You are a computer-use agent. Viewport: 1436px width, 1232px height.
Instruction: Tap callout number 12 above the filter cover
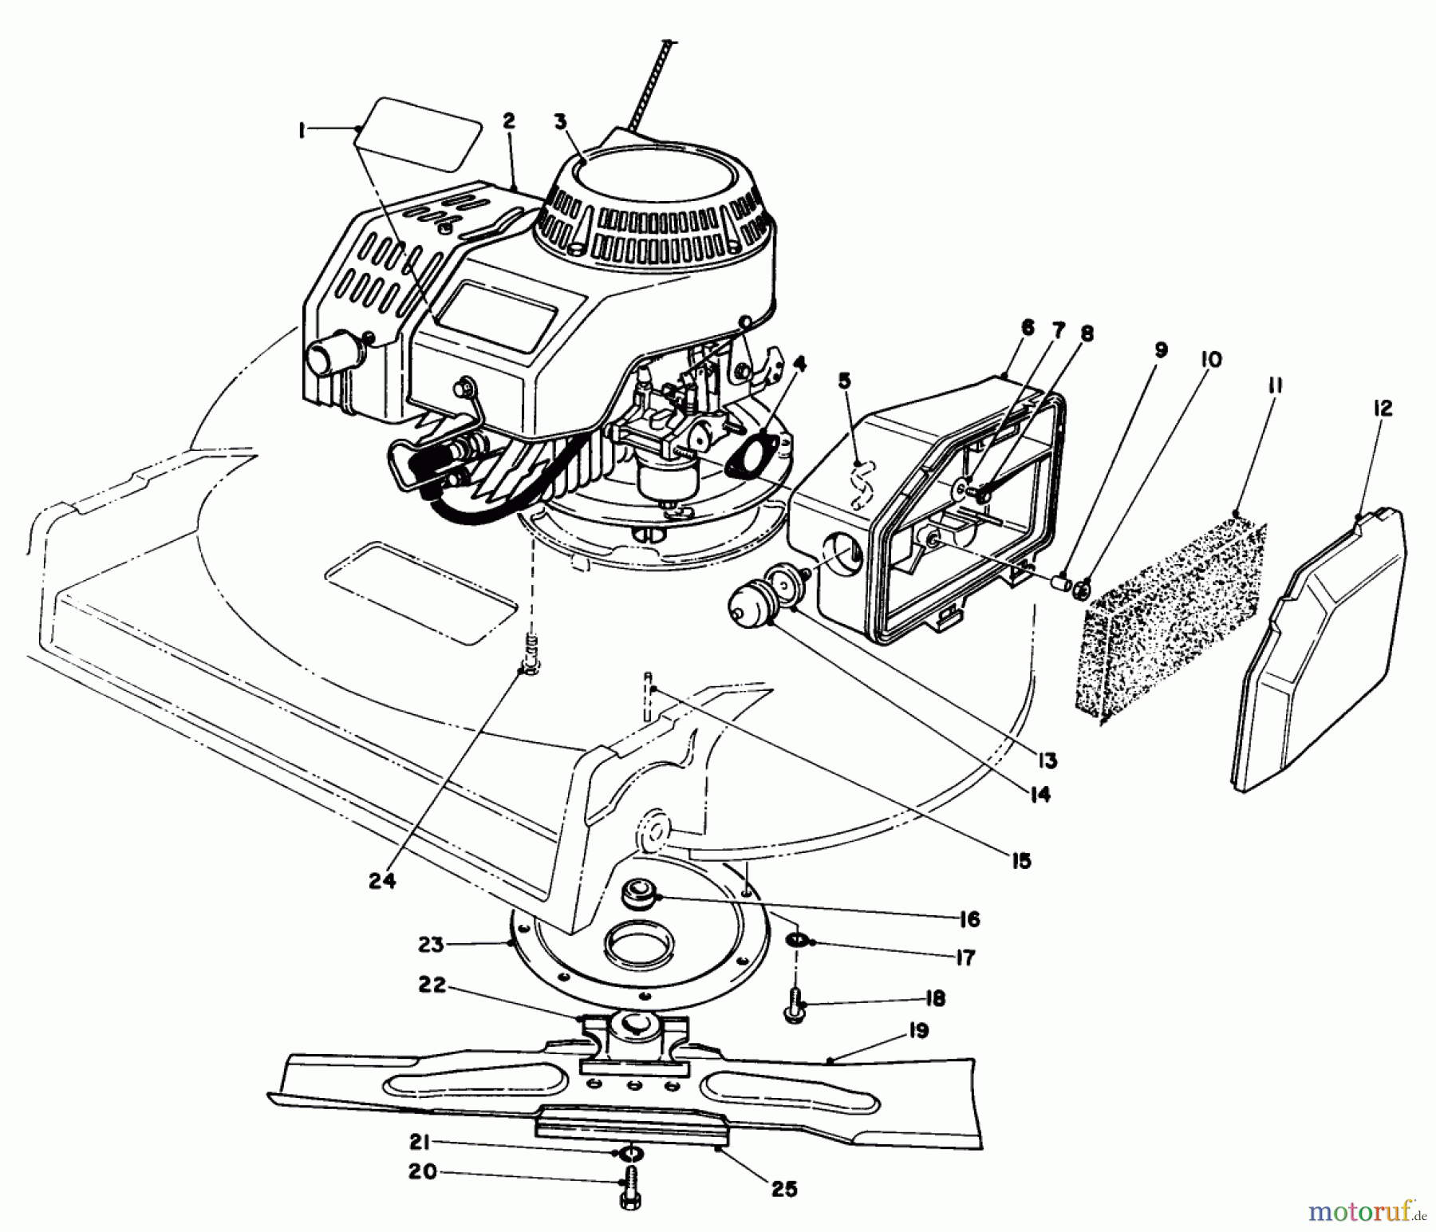pos(1383,408)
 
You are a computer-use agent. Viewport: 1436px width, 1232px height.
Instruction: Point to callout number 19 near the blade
pos(917,1032)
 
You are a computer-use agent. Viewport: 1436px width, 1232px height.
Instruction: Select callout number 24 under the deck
pos(382,882)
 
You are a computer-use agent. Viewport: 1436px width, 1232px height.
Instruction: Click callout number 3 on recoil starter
pos(561,122)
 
